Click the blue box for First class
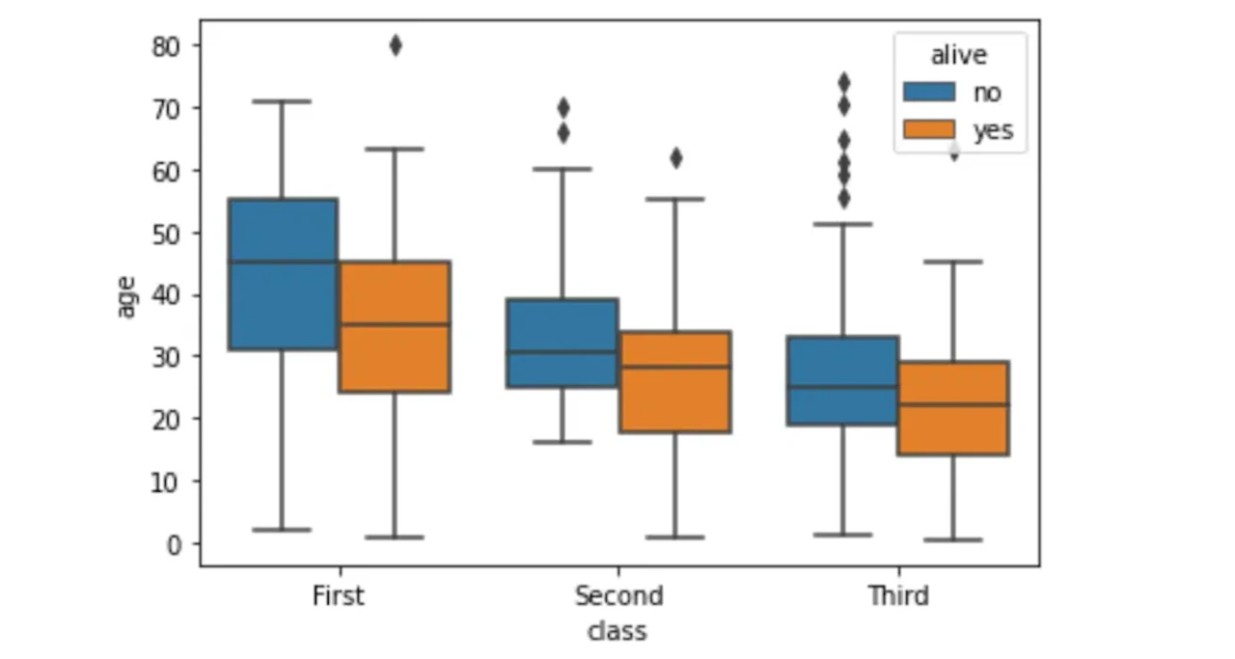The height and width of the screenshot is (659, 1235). coord(283,274)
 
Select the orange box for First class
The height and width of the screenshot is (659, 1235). coord(395,326)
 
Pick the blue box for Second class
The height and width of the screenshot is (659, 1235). coord(563,343)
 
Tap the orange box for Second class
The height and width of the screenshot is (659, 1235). coord(675,382)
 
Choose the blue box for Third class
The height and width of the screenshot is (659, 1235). coord(843,380)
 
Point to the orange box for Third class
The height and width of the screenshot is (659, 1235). coord(953,408)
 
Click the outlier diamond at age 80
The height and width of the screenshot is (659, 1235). coord(396,45)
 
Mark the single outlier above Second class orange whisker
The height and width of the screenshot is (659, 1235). coord(676,159)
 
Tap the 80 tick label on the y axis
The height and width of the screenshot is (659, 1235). coord(166,47)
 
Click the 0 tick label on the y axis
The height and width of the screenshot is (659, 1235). coord(174,545)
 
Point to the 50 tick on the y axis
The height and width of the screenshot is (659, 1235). coord(196,233)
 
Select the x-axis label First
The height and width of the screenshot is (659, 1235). coord(339,596)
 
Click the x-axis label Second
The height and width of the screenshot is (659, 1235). coord(618,596)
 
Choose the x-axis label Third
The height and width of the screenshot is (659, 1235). coord(898,596)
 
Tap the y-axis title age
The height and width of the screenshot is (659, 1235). coord(126,296)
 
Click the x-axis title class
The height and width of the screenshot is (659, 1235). coord(617,632)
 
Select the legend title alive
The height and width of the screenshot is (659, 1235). coord(959,55)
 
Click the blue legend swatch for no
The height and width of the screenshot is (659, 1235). coord(929,92)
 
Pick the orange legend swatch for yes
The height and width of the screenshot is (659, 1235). coord(929,129)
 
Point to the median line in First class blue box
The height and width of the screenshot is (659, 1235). coord(283,261)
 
